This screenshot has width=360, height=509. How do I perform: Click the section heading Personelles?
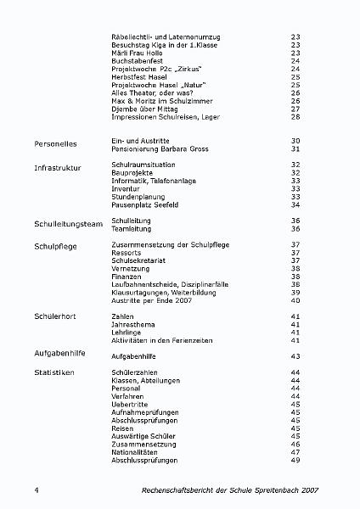pos(55,144)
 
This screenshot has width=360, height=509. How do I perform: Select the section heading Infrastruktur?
pos(58,169)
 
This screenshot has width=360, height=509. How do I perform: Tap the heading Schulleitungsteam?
pos(68,224)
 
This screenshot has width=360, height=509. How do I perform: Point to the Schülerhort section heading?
pos(57,315)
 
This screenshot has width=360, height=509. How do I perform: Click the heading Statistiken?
pos(56,372)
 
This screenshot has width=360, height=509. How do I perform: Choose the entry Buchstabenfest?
pos(138,61)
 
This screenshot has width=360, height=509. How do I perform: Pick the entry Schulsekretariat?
pos(140,260)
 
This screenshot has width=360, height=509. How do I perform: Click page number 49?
pos(295,460)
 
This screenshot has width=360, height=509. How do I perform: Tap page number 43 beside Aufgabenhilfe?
pos(295,355)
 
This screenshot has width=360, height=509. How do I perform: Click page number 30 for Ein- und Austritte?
pos(295,140)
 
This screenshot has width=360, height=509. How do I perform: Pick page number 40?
pos(295,299)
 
